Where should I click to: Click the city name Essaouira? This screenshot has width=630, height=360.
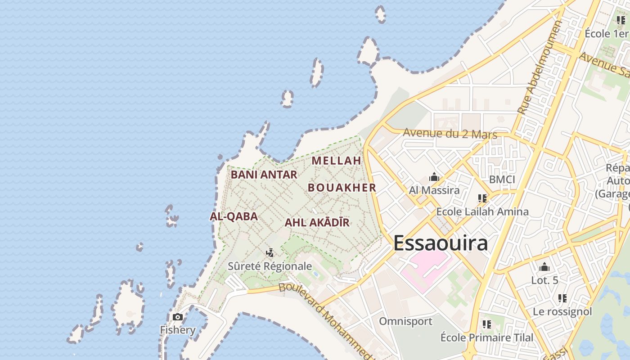pyautogui.click(x=441, y=243)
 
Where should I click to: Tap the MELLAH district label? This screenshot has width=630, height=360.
pyautogui.click(x=337, y=161)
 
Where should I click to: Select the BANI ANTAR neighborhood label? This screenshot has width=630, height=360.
pyautogui.click(x=264, y=175)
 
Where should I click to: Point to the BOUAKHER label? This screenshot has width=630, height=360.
pyautogui.click(x=342, y=188)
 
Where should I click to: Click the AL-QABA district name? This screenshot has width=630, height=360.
pyautogui.click(x=234, y=216)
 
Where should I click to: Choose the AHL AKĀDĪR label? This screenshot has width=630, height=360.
pyautogui.click(x=317, y=222)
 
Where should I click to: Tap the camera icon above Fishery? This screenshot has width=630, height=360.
pyautogui.click(x=178, y=317)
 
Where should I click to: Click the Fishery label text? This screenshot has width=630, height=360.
pyautogui.click(x=178, y=330)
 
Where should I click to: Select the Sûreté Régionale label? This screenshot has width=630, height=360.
pyautogui.click(x=270, y=266)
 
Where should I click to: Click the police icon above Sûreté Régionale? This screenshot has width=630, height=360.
pyautogui.click(x=270, y=253)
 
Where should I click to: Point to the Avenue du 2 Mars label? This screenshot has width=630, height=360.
pyautogui.click(x=450, y=134)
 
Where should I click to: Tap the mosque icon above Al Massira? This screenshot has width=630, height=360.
pyautogui.click(x=434, y=177)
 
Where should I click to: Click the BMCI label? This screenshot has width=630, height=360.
pyautogui.click(x=502, y=180)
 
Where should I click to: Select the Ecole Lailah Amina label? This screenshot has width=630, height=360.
pyautogui.click(x=482, y=211)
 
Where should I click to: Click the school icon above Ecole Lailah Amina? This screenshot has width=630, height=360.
pyautogui.click(x=482, y=198)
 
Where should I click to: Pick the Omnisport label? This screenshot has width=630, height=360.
pyautogui.click(x=405, y=321)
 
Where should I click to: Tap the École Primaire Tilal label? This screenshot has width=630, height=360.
pyautogui.click(x=486, y=337)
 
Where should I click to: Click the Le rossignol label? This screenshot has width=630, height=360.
pyautogui.click(x=562, y=311)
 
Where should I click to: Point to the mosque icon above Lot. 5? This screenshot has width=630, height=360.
pyautogui.click(x=544, y=267)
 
